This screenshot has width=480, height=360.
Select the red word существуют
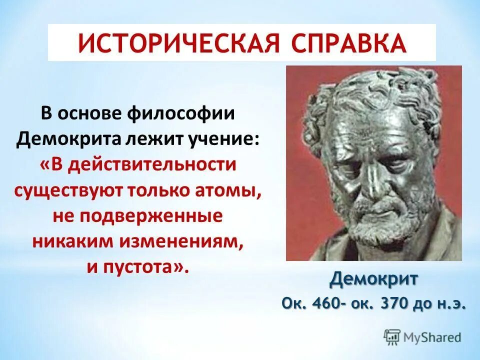coord(72,191)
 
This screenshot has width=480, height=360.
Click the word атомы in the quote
coord(233,191)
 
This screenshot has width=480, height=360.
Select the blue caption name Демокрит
coord(373,279)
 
